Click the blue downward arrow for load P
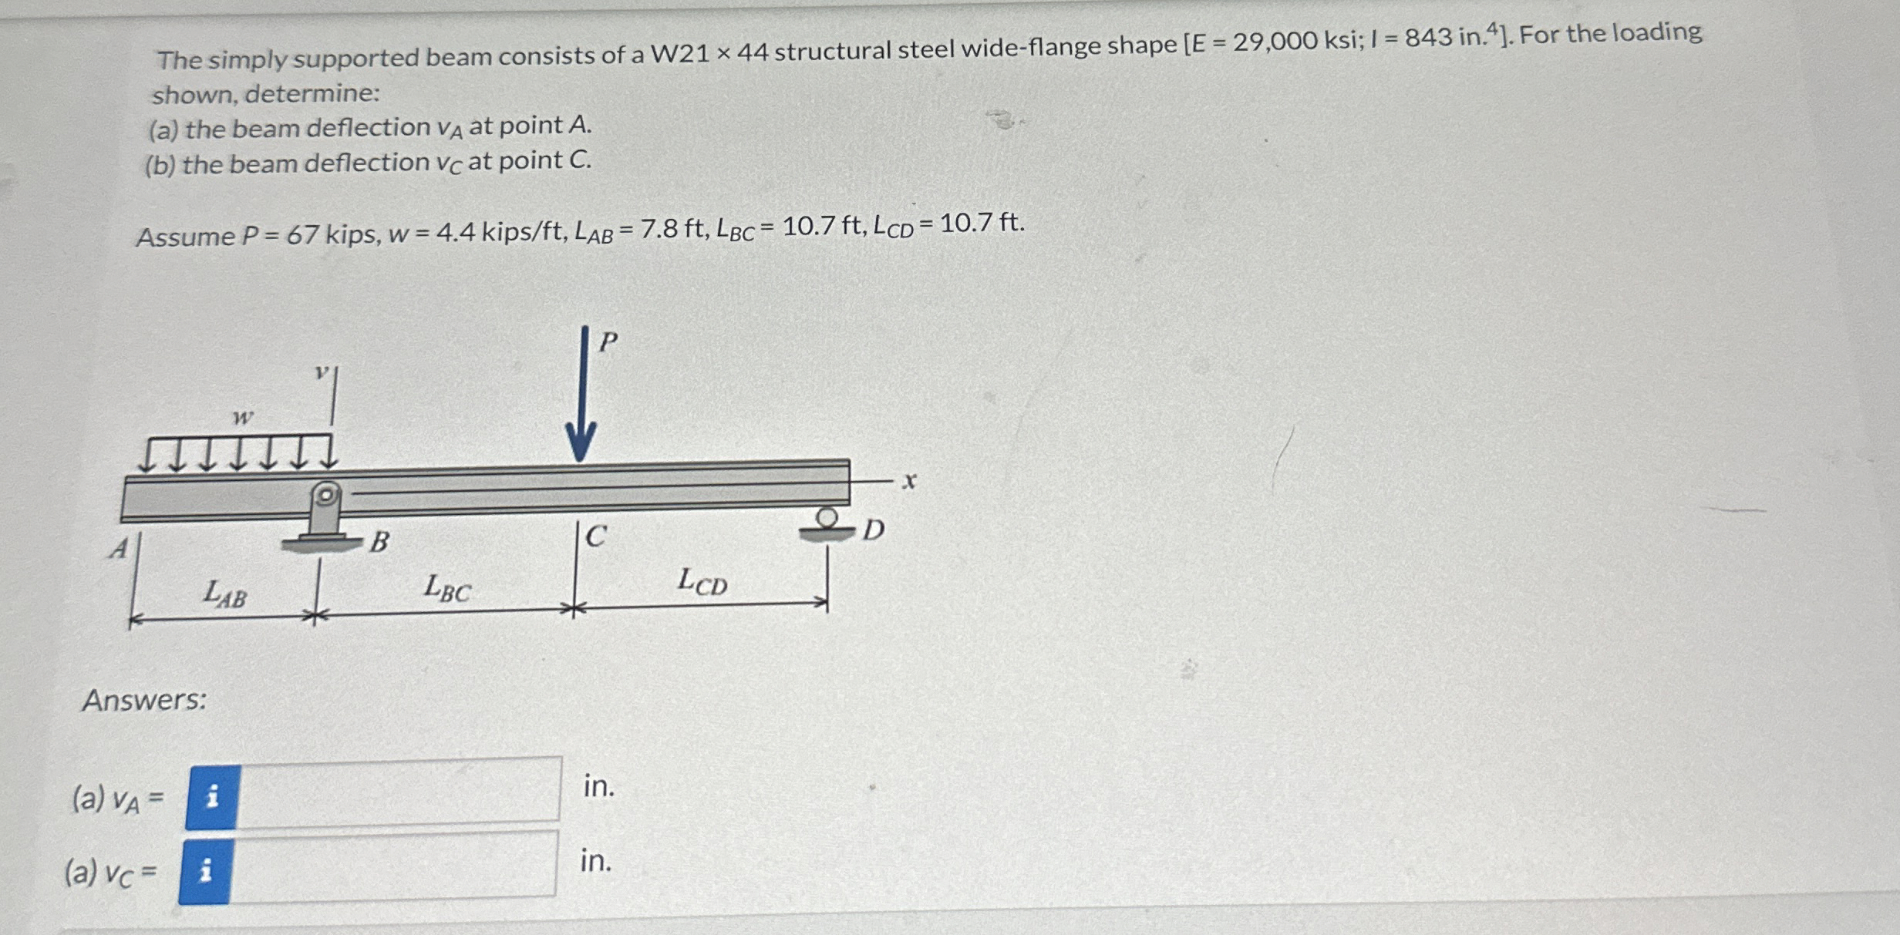(x=582, y=393)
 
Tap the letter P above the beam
(x=608, y=341)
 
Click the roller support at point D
(x=827, y=524)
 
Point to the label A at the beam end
(x=119, y=548)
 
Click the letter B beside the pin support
(x=379, y=542)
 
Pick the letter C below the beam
(x=595, y=536)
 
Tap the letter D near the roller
(x=873, y=530)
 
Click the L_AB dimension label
(x=225, y=594)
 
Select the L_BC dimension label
(x=447, y=588)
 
